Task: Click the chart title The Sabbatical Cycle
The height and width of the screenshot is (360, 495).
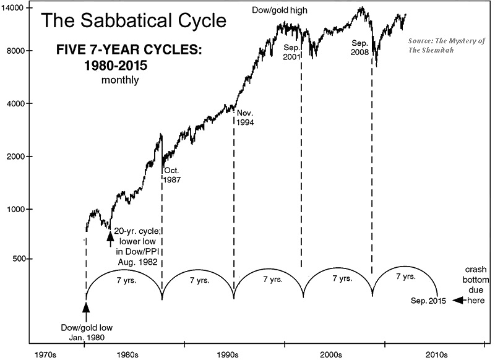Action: pos(133,22)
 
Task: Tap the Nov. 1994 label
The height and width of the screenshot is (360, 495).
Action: pos(246,118)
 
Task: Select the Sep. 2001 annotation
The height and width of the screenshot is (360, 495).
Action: pos(291,52)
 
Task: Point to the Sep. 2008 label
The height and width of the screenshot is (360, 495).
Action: pos(359,48)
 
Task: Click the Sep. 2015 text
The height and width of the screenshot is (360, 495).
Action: pos(428,301)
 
